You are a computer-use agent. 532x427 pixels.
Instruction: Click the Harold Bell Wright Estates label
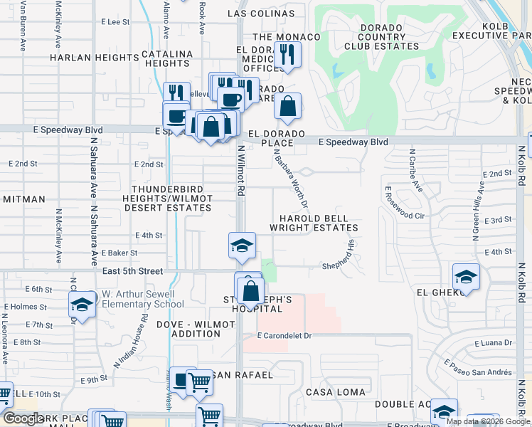point(314,223)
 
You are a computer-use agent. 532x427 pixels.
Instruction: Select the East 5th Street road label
point(132,271)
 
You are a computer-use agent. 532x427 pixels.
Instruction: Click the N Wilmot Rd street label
point(241,171)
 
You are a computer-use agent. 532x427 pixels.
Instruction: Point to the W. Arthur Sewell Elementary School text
point(143,299)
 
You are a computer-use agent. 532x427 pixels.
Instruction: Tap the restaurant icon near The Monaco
point(287,55)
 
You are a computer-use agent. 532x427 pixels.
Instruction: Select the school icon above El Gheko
point(466,276)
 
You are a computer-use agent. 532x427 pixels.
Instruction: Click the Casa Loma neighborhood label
point(336,392)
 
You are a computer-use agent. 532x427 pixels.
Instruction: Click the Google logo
point(23,418)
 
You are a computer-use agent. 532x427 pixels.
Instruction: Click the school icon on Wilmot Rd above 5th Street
point(242,246)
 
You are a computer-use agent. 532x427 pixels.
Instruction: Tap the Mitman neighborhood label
point(23,199)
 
